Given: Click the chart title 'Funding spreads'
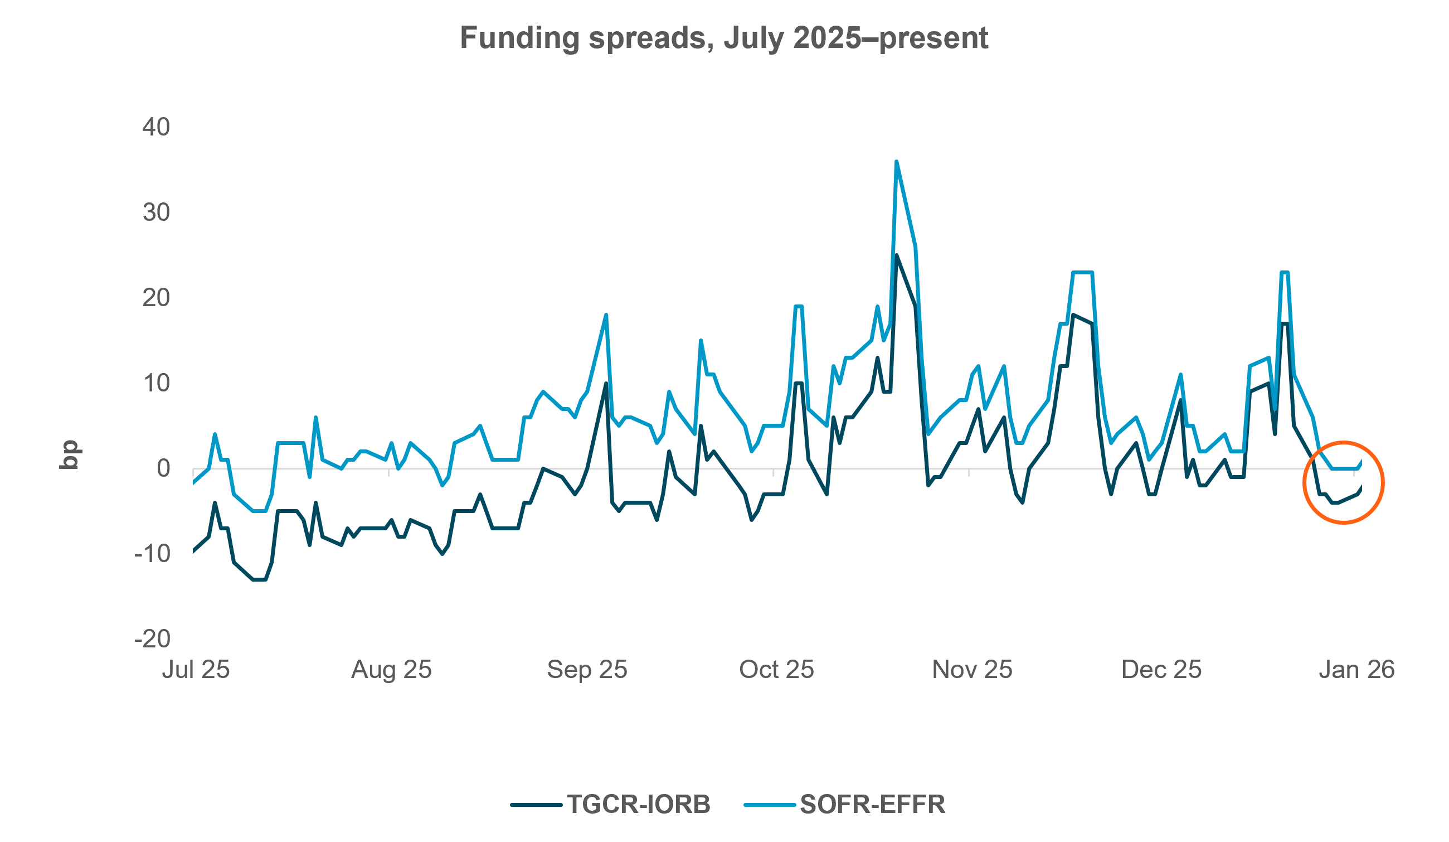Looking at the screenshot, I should (x=724, y=38).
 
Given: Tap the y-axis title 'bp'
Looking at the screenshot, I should (x=70, y=455).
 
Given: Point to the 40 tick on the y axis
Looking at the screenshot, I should (x=156, y=127).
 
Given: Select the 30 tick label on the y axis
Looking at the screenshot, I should (x=156, y=213).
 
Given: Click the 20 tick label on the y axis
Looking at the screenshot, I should (x=156, y=298).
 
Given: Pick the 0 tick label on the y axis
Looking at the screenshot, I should (x=163, y=469).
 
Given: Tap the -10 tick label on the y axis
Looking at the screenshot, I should (x=152, y=554).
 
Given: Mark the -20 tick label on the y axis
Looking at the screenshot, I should (x=152, y=639).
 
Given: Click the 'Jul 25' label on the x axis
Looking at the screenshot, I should (x=196, y=670).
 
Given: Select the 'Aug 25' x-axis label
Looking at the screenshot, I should (x=391, y=670).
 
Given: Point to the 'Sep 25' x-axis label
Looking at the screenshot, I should (x=586, y=670).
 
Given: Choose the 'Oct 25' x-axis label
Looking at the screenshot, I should (x=776, y=670).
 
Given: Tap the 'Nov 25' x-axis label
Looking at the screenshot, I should (x=972, y=670).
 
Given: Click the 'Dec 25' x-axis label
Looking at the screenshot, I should (x=1161, y=670).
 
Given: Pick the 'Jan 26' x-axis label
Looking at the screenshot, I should (x=1356, y=670).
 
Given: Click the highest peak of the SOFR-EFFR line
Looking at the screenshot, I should (x=896, y=162).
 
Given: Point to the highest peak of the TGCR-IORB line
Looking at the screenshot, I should (x=896, y=255).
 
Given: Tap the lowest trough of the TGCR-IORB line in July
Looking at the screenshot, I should (x=259, y=580).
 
